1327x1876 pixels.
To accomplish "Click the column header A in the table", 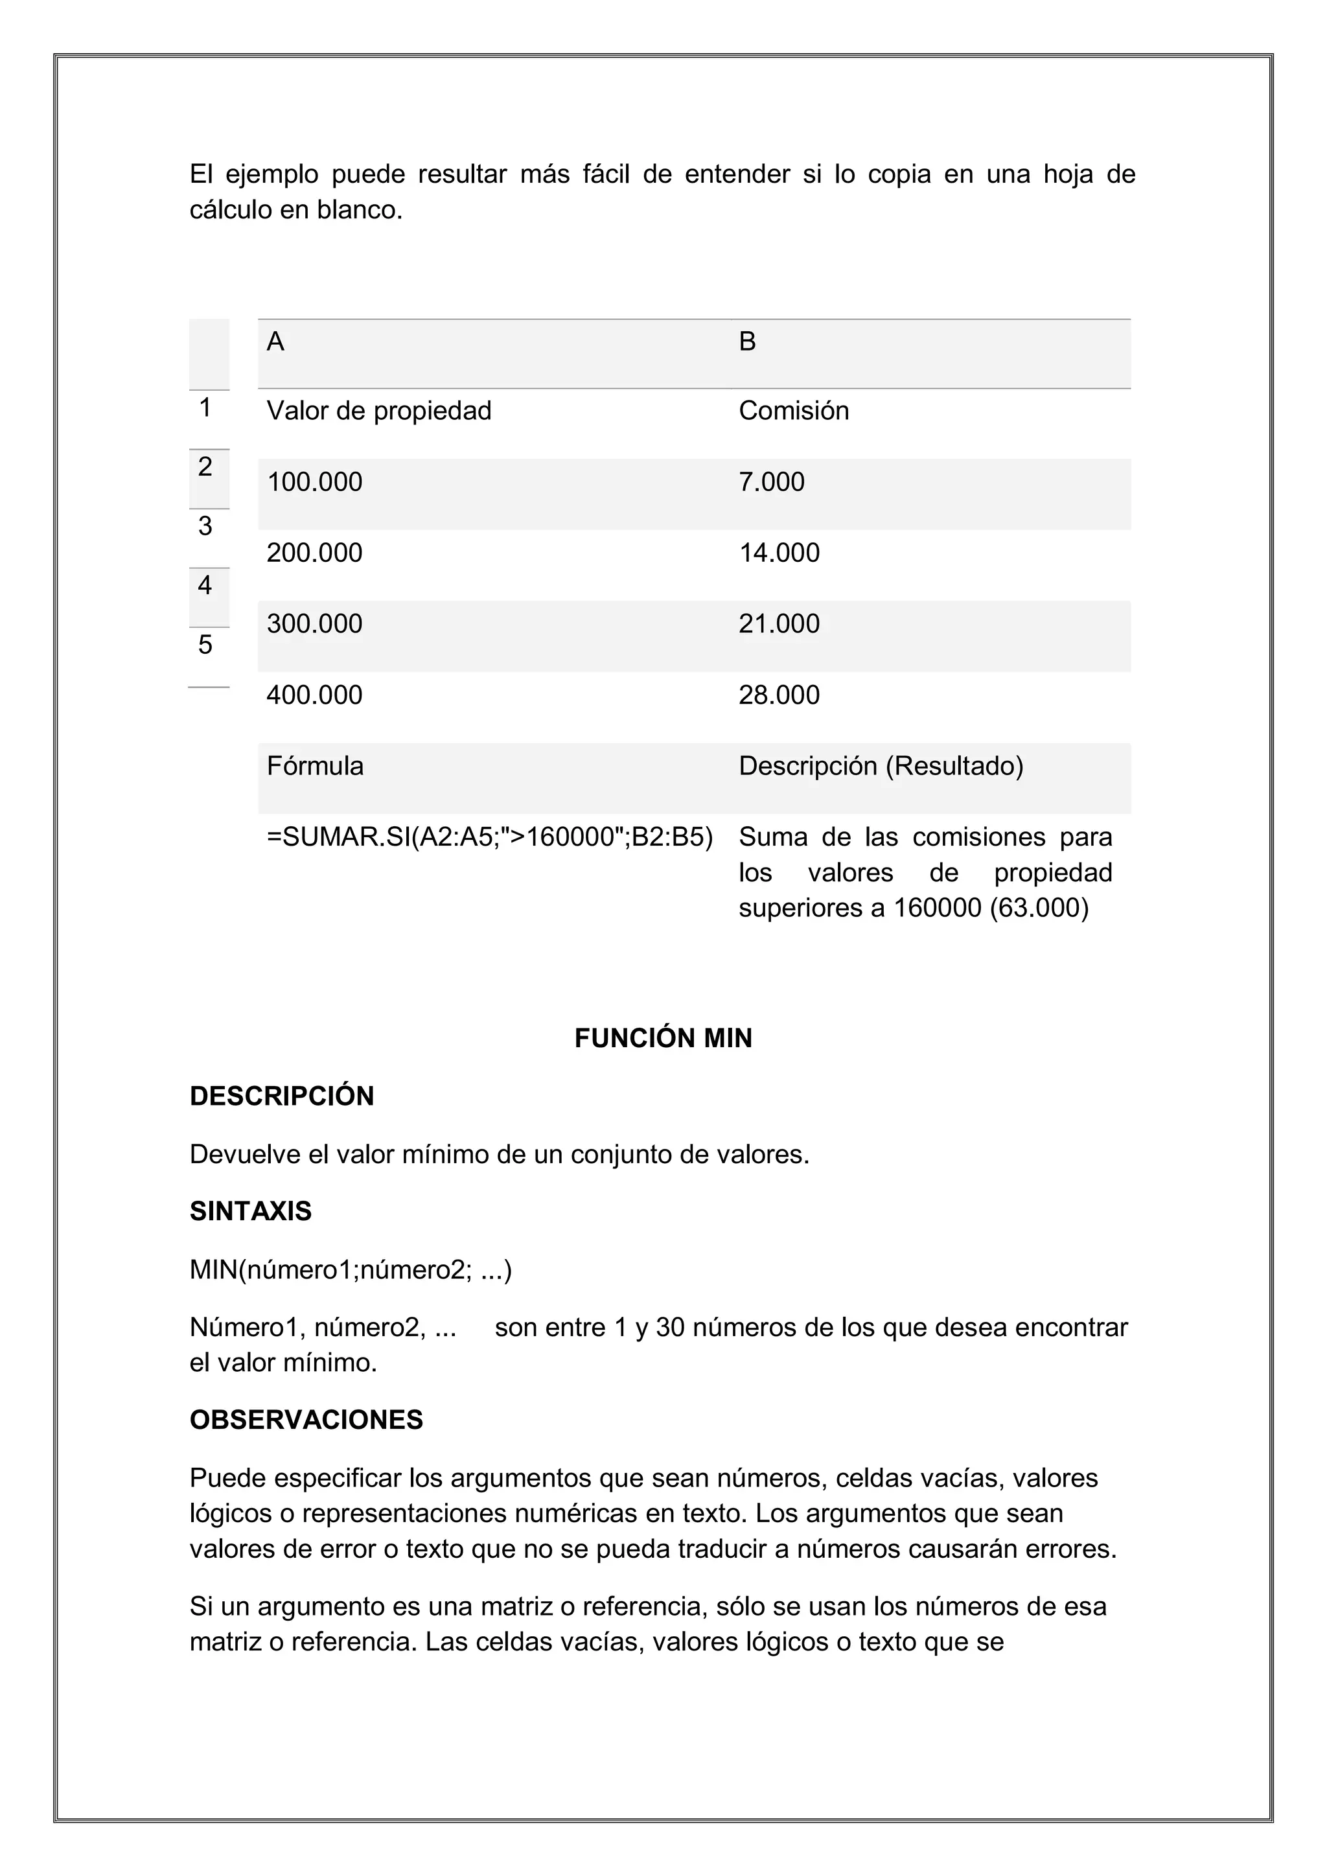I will tap(275, 342).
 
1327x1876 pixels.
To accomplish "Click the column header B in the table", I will tap(747, 342).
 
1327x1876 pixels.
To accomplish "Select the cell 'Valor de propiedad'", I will tap(378, 411).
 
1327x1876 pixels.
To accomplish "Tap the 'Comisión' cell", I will tap(794, 411).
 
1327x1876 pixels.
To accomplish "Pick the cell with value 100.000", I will tap(315, 482).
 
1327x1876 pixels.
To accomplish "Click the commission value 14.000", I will tap(779, 553).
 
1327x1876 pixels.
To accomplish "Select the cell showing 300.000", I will tap(315, 624).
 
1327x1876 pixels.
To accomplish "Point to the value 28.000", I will tap(779, 695).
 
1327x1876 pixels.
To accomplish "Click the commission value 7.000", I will tap(771, 482).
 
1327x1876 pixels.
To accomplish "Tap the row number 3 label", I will tap(205, 526).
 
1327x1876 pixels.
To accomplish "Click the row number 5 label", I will tap(205, 645).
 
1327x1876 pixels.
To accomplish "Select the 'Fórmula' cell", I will tap(315, 767).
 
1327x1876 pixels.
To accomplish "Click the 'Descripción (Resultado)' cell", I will tap(881, 767).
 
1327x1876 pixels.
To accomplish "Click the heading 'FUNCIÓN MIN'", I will tap(663, 1039).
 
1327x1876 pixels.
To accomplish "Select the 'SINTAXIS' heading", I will tap(251, 1211).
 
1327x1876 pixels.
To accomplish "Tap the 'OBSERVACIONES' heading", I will tap(306, 1419).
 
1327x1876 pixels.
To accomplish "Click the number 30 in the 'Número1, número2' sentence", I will tap(670, 1328).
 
